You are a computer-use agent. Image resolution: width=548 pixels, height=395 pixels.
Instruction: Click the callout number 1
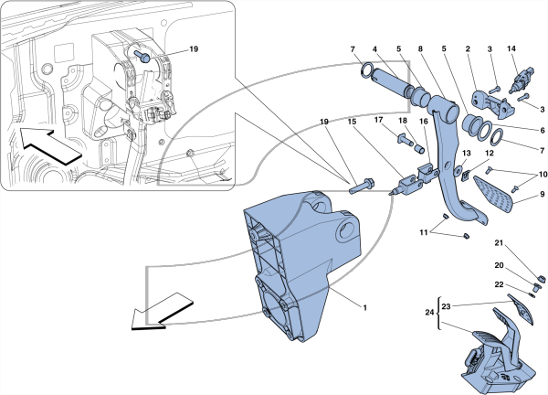click(x=364, y=308)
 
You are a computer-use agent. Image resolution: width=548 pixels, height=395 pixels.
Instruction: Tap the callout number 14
click(x=511, y=48)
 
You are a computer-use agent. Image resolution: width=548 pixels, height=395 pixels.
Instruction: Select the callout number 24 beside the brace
click(x=429, y=313)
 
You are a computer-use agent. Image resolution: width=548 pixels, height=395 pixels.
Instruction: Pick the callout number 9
click(x=542, y=194)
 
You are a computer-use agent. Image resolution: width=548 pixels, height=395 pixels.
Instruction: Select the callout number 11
click(x=424, y=232)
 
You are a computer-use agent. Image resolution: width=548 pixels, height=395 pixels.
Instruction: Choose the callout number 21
click(x=499, y=243)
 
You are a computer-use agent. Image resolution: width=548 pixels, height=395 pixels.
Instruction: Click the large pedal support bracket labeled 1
click(x=297, y=266)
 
